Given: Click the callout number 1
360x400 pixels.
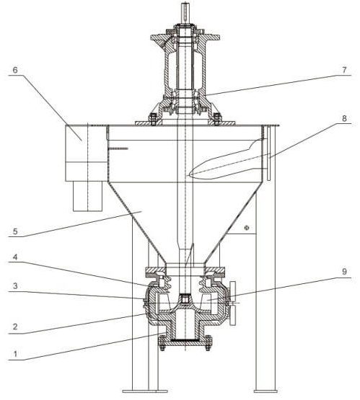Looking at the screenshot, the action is click(x=15, y=354).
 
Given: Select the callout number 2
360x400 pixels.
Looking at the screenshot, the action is click(x=15, y=326).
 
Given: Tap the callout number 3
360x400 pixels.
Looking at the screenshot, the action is click(x=15, y=286).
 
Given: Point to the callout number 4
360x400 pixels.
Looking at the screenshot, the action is click(x=15, y=257).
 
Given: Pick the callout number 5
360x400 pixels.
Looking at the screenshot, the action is click(x=15, y=231).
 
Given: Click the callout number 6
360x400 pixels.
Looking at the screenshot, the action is click(x=15, y=70).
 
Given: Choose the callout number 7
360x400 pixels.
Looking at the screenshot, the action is click(x=344, y=70).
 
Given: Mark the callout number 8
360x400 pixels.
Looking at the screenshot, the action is click(x=344, y=118).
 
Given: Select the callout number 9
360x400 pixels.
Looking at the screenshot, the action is click(x=344, y=272).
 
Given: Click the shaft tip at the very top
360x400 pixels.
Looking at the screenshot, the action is click(x=185, y=4).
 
